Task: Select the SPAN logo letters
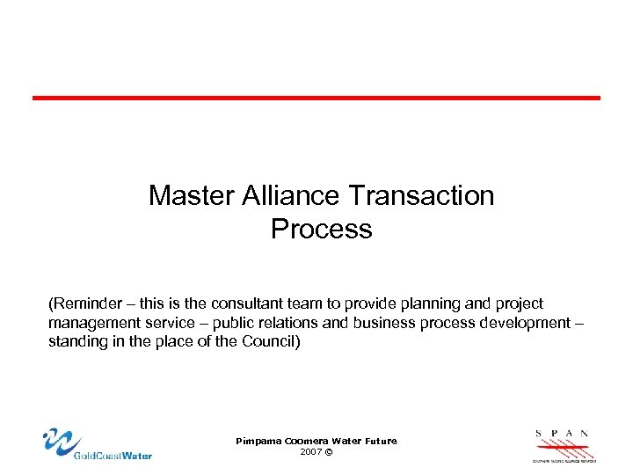562,434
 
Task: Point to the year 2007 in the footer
309,451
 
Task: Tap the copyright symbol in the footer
328,451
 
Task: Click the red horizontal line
316,98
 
